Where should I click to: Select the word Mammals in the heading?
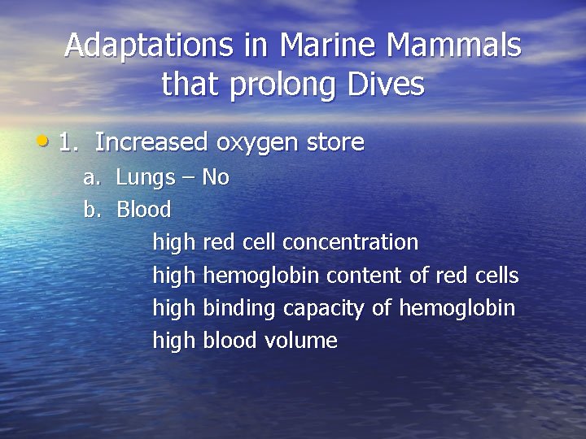click(459, 46)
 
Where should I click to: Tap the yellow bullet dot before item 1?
click(42, 141)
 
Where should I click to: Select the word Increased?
click(151, 143)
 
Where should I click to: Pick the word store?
click(335, 143)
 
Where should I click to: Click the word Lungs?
click(145, 178)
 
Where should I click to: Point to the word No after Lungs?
click(215, 177)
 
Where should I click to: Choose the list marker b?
click(90, 210)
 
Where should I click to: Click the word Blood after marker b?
click(144, 210)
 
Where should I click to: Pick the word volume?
click(301, 341)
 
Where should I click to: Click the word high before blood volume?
click(174, 341)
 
